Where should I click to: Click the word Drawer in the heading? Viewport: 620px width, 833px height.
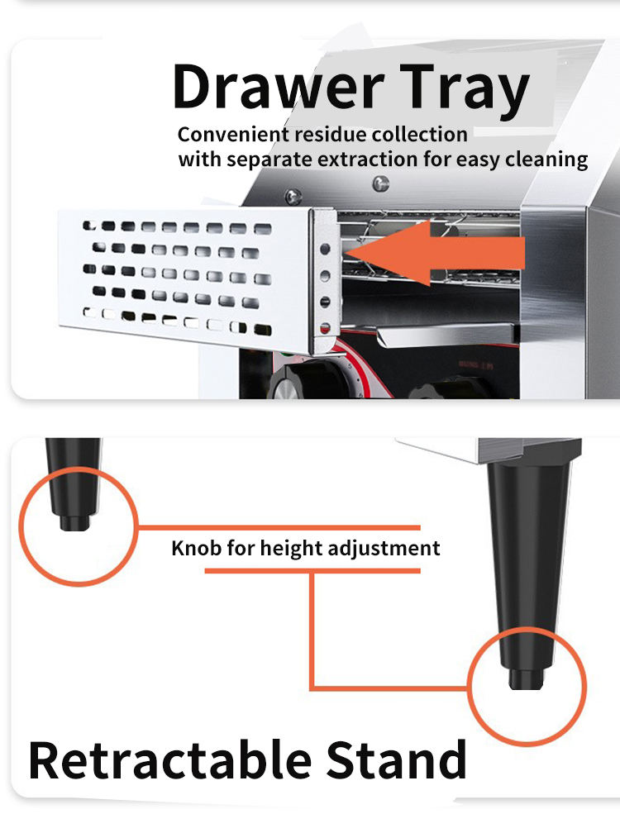tap(278, 86)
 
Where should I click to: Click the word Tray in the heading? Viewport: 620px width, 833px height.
tap(465, 90)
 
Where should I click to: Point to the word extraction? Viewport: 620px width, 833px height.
tap(367, 159)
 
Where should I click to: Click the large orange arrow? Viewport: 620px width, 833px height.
tap(435, 253)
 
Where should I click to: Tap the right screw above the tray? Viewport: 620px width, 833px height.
tap(380, 183)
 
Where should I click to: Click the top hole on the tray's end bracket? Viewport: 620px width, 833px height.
tap(325, 249)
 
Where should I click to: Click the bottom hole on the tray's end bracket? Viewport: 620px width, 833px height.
tap(325, 328)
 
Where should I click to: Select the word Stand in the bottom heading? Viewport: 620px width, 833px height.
tap(396, 760)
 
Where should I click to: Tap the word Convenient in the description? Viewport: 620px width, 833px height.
tap(234, 135)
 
